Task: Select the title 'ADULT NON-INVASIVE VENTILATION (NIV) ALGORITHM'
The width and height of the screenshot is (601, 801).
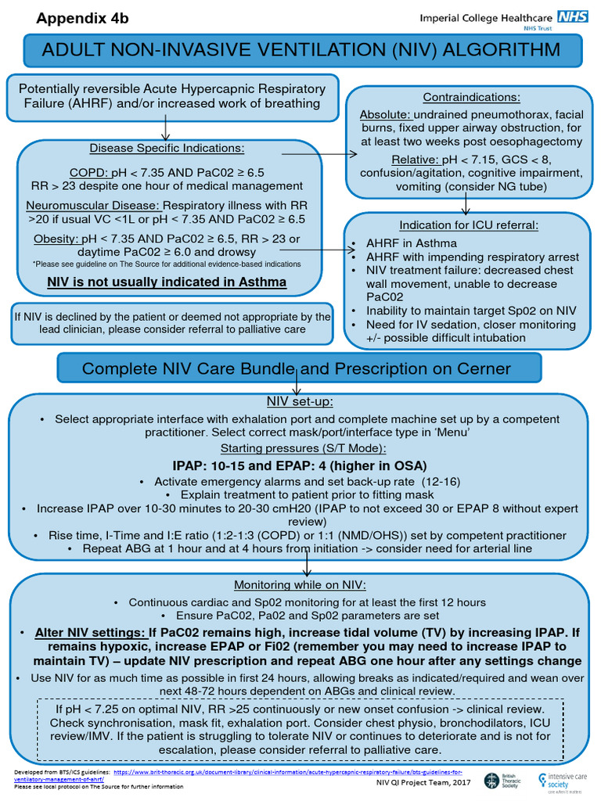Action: [300, 51]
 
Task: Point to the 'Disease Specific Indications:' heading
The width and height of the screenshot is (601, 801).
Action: [167, 149]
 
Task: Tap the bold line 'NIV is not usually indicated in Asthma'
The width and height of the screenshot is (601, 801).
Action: [167, 282]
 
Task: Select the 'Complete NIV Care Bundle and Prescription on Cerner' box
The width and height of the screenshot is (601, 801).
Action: [297, 368]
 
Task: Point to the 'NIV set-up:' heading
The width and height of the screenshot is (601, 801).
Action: [300, 402]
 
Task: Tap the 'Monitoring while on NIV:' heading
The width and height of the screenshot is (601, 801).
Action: [300, 585]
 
